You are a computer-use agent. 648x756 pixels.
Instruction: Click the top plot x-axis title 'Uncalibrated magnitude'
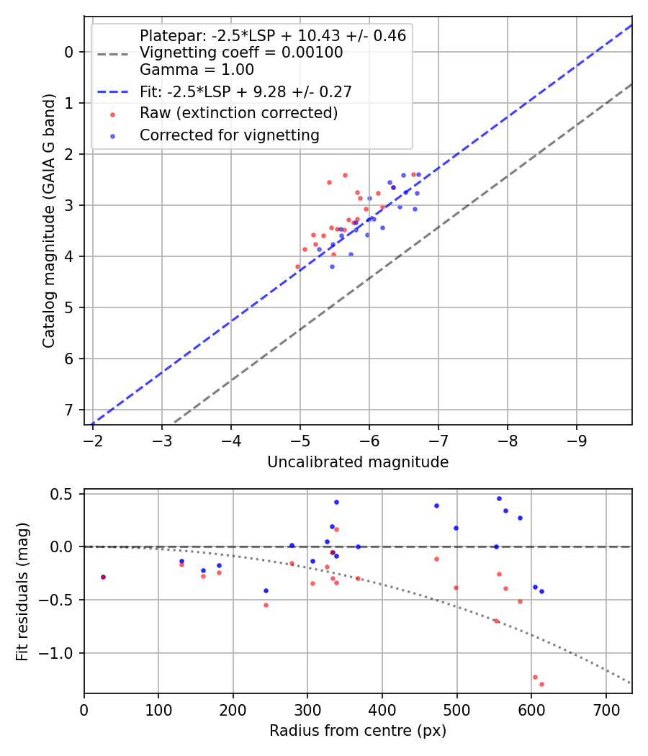point(358,462)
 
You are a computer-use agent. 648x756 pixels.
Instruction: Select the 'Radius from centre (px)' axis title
point(358,731)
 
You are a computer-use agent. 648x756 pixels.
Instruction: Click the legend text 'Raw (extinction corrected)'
point(238,113)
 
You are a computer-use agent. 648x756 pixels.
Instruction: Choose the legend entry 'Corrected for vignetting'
point(229,135)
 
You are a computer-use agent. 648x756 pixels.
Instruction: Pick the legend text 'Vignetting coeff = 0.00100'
point(241,53)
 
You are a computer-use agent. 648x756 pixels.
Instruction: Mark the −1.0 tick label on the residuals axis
point(60,653)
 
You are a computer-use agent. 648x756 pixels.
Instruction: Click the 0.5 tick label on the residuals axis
point(65,494)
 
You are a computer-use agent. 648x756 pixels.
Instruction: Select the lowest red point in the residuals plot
point(541,684)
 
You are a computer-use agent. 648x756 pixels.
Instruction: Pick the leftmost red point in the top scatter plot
point(297,266)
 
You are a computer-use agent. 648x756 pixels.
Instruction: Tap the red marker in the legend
point(112,114)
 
